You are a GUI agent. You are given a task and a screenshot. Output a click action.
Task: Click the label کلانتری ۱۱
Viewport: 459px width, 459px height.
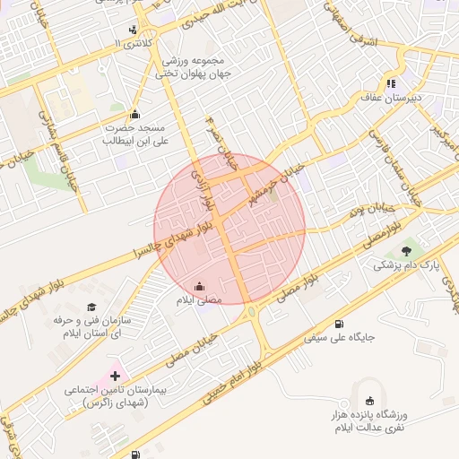tap(135, 43)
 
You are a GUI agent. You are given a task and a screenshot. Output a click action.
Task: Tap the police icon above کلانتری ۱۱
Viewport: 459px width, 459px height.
tap(134, 30)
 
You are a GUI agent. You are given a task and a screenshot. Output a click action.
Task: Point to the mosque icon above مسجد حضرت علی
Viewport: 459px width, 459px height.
tap(134, 114)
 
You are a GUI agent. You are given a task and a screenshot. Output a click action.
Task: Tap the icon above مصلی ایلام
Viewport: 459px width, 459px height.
tap(198, 287)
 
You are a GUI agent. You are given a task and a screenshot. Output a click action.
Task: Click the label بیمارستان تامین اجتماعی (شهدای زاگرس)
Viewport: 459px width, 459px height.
tap(108, 397)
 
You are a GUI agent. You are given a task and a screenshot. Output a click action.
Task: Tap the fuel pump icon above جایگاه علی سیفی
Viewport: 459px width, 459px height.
tap(338, 325)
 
